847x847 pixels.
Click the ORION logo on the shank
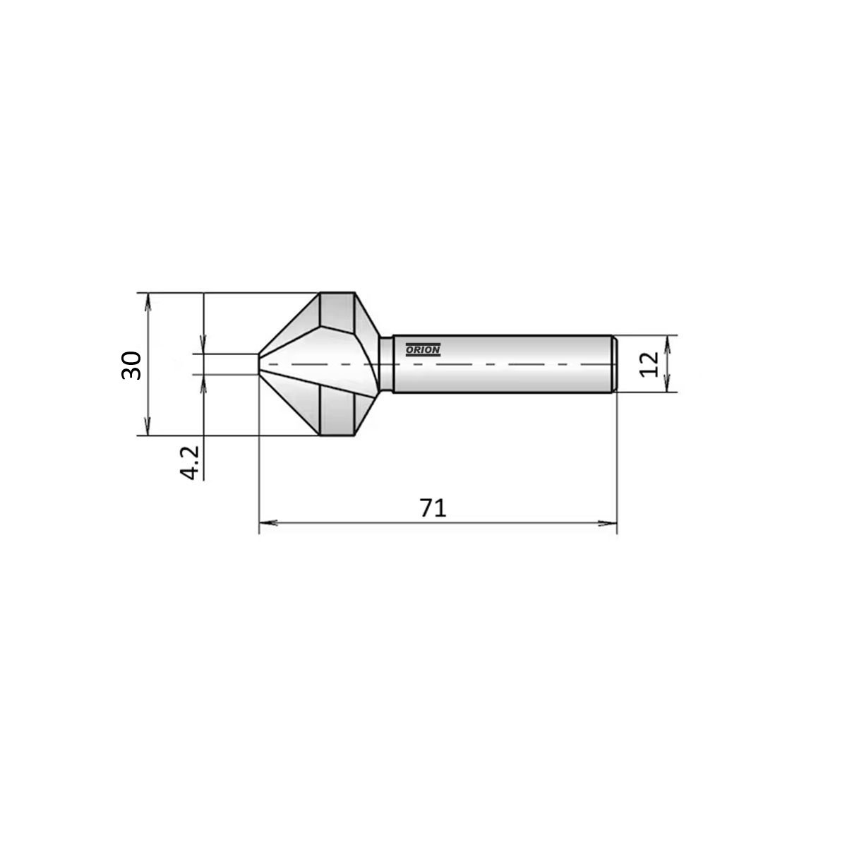tap(422, 349)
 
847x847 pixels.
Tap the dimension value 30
tap(131, 365)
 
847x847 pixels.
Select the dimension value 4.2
tap(190, 462)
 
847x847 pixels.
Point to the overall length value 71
tap(433, 508)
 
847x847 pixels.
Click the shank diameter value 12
tap(649, 364)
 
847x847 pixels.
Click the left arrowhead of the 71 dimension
tap(268, 523)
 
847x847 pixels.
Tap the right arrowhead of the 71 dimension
tap(608, 523)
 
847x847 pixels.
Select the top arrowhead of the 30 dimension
tap(148, 302)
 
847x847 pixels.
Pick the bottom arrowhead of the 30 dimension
tap(148, 426)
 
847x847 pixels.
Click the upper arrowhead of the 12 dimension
tap(667, 345)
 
